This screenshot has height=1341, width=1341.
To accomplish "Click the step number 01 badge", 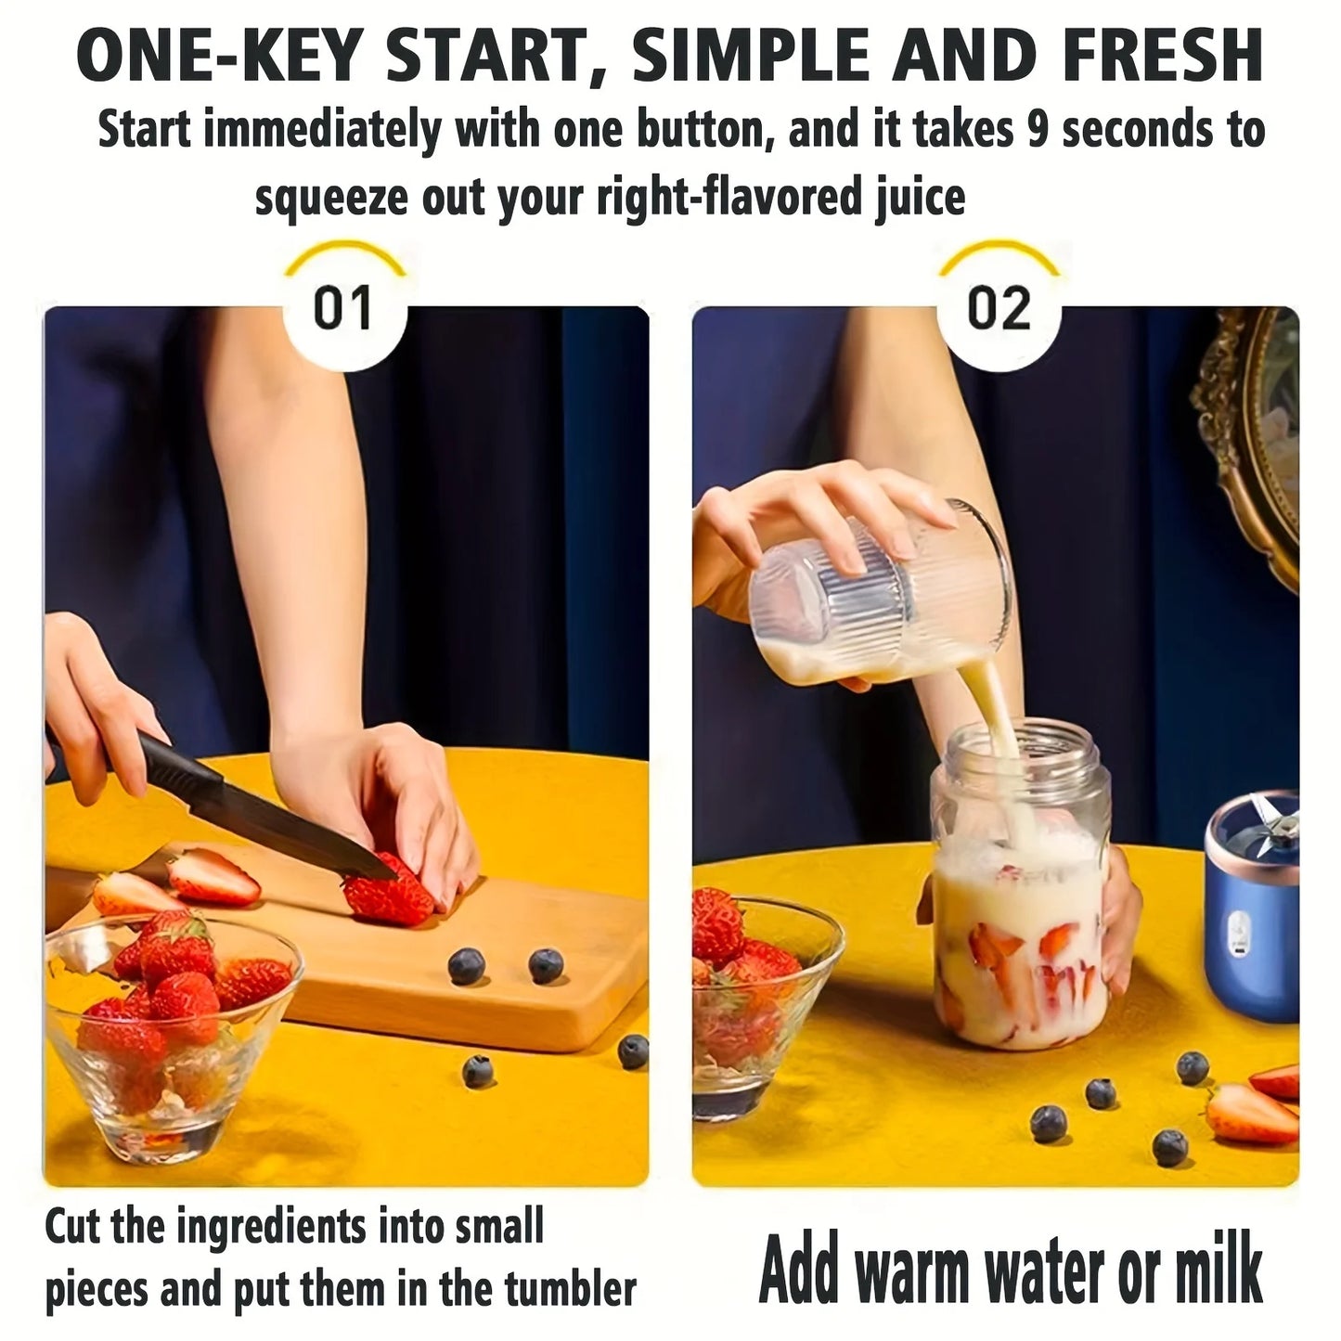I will click(x=342, y=308).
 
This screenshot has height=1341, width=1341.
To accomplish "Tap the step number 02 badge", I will click(x=999, y=308).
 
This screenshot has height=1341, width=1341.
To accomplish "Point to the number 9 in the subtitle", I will click(x=1038, y=130).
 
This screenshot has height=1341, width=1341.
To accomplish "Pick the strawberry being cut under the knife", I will click(x=388, y=893).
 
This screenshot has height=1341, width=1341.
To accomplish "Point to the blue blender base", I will click(x=1253, y=928).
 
